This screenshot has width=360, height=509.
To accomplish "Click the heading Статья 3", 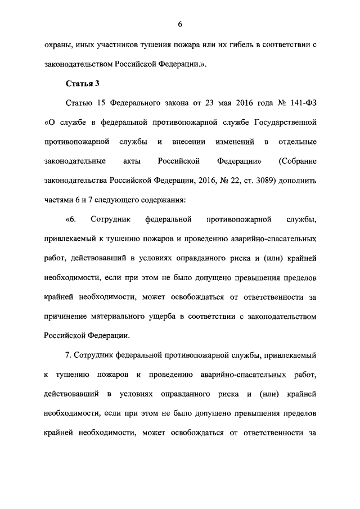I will pyautogui.click(x=83, y=84).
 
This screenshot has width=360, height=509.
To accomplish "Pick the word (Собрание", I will pyautogui.click(x=297, y=161).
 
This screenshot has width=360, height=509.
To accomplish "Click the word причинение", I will pyautogui.click(x=65, y=317).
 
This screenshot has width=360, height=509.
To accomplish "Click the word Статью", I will pyautogui.click(x=78, y=103).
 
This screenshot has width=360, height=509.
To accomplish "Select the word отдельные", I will pyautogui.click(x=297, y=141).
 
